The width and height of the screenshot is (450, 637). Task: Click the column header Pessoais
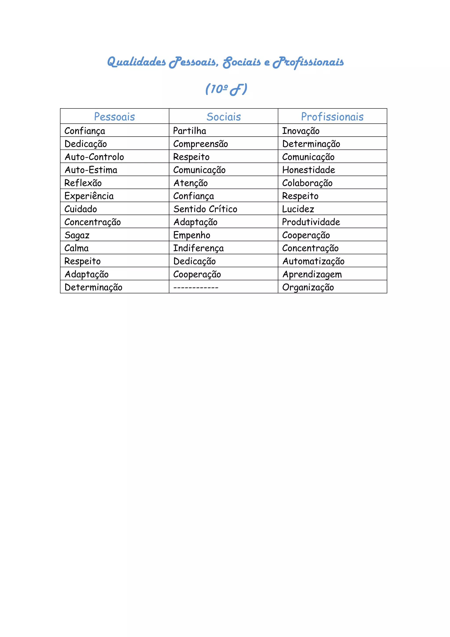point(114,117)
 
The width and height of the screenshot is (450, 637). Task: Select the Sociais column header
point(224,117)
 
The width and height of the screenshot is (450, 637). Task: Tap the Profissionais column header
point(332,117)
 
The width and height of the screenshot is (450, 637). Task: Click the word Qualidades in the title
point(136,62)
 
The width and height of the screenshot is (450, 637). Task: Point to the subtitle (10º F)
point(226,89)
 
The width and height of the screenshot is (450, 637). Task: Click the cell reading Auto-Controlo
point(94,157)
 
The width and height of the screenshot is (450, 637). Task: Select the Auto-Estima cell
point(91,170)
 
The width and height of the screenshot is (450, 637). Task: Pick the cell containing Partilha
point(190,131)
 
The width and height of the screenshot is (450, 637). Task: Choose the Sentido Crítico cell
point(205,209)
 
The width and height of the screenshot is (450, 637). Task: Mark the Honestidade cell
point(309,170)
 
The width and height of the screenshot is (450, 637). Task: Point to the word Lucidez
point(298,209)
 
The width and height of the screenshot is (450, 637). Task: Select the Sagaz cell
point(77,235)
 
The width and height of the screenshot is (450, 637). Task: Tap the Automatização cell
point(313,261)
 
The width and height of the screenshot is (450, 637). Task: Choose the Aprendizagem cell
point(312,274)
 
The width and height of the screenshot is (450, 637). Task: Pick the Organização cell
point(308,287)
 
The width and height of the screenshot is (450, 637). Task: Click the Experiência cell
point(89,196)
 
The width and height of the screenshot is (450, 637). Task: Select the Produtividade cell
point(311,222)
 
